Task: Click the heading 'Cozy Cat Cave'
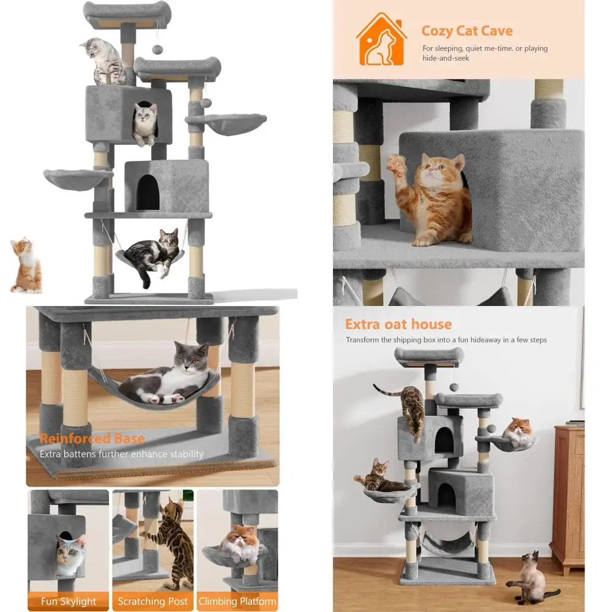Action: tap(467, 31)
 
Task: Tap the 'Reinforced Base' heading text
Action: tap(92, 439)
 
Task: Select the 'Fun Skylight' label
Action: tap(68, 601)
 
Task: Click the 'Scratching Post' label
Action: tap(152, 601)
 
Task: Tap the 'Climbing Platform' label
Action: tap(237, 601)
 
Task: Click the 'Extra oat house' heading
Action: tap(398, 324)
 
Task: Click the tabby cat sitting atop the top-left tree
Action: tap(104, 61)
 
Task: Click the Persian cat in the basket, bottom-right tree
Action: tap(518, 431)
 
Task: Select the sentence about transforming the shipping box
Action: tap(446, 340)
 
